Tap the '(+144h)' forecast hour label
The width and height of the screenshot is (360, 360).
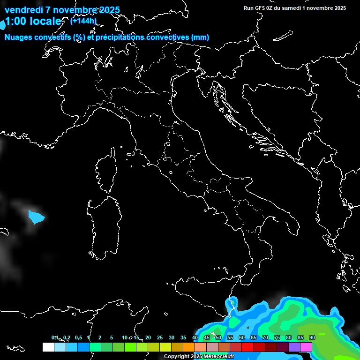tap(83, 21)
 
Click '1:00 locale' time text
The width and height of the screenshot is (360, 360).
tap(33, 22)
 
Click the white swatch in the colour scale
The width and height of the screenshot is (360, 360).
tap(48, 347)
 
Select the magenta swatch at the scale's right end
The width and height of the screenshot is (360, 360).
tap(306, 347)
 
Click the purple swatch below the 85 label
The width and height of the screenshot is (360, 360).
tap(294, 347)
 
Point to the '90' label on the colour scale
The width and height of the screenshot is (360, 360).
tap(312, 337)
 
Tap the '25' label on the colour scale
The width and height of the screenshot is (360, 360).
tap(160, 337)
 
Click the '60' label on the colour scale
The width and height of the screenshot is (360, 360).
tap(242, 337)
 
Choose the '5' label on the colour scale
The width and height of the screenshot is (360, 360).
tap(112, 337)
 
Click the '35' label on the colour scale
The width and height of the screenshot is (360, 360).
tap(183, 337)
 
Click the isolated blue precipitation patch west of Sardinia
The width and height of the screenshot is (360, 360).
tap(36, 217)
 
